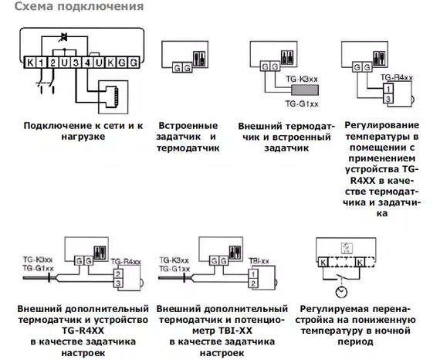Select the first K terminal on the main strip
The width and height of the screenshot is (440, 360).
30,61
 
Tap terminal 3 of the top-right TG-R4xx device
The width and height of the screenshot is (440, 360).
386,99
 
